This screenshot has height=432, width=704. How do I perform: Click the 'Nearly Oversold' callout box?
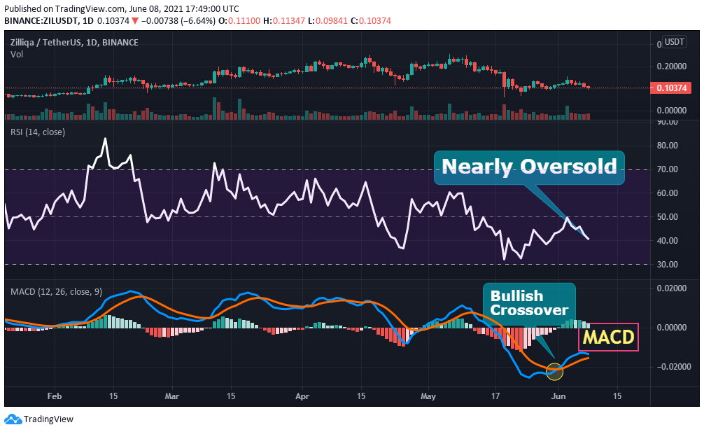point(529,167)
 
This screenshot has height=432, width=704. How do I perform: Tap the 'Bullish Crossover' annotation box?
point(529,302)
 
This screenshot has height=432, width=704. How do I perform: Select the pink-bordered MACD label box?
point(609,337)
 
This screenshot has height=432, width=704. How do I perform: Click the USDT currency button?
point(674,43)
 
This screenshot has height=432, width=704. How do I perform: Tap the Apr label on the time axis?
point(302,396)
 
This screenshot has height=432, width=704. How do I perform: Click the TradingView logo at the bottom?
point(39,419)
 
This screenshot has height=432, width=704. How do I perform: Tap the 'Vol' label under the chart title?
point(16,54)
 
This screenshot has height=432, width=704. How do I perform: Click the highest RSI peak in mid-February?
point(106,139)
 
